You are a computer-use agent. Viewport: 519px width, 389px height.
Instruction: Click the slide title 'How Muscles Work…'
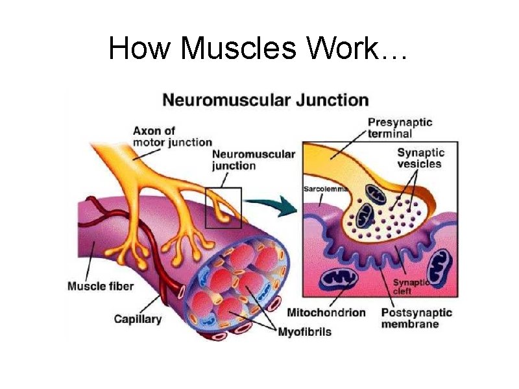point(259,48)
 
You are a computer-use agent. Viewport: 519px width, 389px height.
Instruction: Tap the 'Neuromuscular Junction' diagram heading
point(265,100)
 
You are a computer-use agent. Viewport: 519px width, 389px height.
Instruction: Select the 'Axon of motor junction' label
point(173,136)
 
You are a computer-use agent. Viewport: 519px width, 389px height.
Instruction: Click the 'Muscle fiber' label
point(101,287)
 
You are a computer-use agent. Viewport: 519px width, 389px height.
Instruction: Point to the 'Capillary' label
point(138,318)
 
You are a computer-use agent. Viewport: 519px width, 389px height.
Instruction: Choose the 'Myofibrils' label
point(304,332)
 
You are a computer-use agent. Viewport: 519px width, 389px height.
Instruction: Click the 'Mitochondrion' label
point(326,312)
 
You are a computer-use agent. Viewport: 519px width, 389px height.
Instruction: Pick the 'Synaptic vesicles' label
point(420,158)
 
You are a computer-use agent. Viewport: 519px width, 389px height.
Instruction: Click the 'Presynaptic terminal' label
point(400,128)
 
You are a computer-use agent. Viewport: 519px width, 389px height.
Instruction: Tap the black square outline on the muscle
point(223,207)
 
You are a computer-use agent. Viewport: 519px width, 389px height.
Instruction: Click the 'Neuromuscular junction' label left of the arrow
point(253,159)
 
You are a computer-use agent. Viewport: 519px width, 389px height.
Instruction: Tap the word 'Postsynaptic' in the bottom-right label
point(416,312)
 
